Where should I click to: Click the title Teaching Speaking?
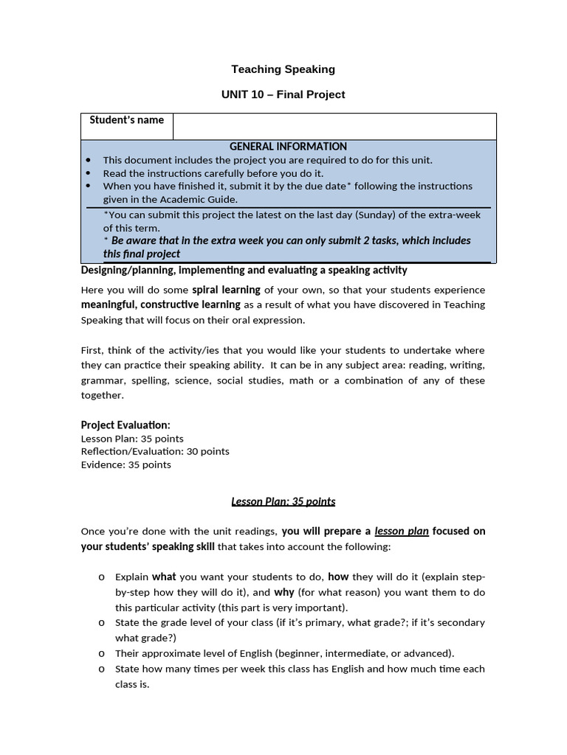coord(283,69)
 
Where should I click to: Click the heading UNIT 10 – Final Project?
coord(283,94)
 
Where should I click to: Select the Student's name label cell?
coord(127,121)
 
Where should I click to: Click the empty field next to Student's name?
coord(334,126)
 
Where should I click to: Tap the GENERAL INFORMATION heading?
coord(288,147)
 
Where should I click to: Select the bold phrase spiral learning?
coord(226,290)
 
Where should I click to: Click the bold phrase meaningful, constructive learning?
coord(161,305)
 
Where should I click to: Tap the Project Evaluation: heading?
coord(126,425)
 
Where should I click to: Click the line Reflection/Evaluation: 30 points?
coord(155,451)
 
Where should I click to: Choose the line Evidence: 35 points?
coord(126,465)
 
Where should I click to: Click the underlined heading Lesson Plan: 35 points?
coord(283,501)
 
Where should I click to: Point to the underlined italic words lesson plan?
coord(402,531)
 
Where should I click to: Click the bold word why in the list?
coord(284,592)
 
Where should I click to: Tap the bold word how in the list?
coord(338,577)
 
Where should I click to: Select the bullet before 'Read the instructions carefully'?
coord(89,173)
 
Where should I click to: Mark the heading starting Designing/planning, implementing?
coord(244,271)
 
